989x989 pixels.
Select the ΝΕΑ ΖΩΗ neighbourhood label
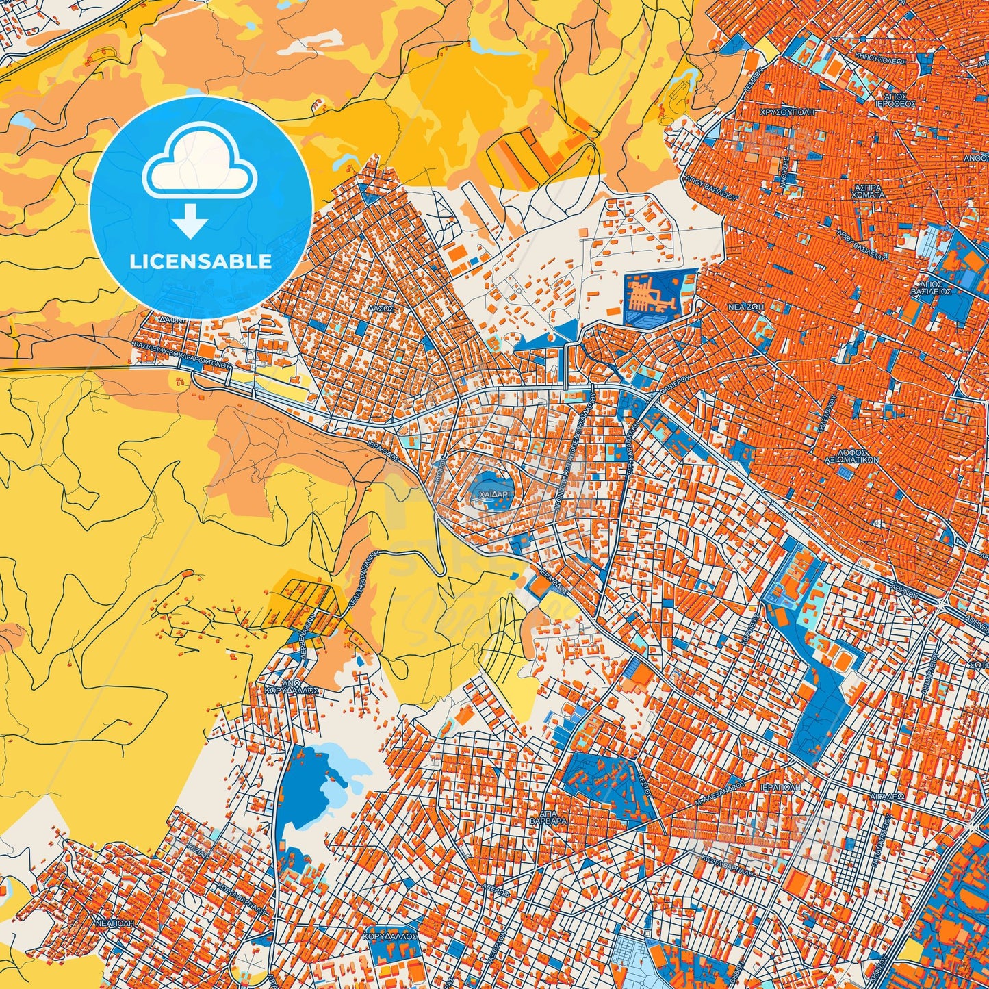(x=745, y=308)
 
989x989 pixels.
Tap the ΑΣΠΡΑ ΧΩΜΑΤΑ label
(x=869, y=190)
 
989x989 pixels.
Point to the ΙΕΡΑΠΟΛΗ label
(x=780, y=787)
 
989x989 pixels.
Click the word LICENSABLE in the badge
(x=201, y=261)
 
